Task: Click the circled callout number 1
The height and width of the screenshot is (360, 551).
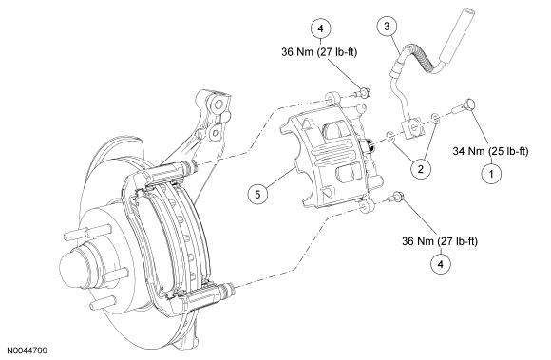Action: coord(491,174)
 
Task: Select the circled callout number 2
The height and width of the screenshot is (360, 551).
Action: coord(421,169)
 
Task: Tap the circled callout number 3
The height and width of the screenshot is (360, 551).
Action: coord(387,26)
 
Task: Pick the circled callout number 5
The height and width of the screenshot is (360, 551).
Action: coord(257,194)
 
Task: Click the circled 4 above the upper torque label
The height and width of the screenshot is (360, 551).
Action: coord(321,28)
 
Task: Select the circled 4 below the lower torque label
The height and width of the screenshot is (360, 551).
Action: coord(440,264)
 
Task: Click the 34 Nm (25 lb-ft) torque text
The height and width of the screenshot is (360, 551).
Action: coord(490,151)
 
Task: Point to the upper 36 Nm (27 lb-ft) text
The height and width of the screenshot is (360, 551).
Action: coord(319,52)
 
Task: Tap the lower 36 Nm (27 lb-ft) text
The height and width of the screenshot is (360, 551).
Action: coord(440,241)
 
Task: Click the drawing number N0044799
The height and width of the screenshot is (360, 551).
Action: coord(28,351)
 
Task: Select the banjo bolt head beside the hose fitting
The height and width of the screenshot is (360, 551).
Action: coord(468,104)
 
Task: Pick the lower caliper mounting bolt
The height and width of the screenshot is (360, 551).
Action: coord(396,197)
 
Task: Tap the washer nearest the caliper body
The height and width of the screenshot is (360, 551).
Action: coord(390,137)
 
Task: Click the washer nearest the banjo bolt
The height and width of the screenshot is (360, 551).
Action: coord(435,119)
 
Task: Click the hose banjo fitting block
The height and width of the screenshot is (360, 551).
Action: coord(413,127)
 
